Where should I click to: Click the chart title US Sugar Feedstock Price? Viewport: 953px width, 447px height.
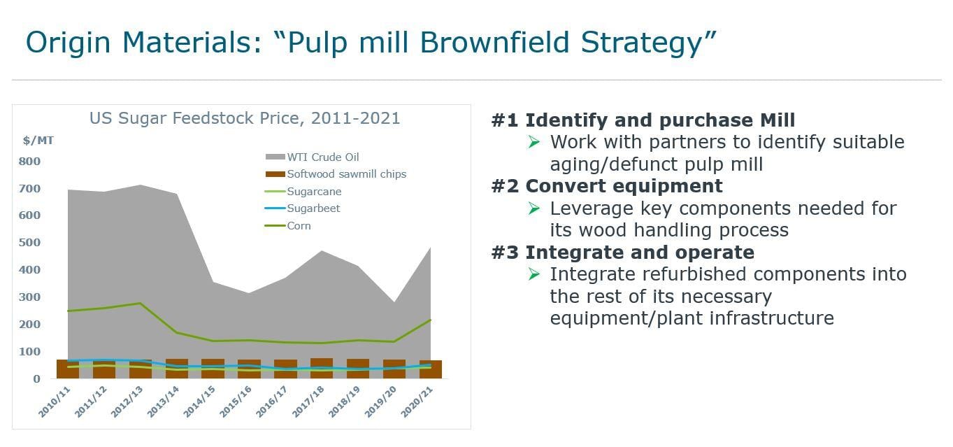[x=245, y=118]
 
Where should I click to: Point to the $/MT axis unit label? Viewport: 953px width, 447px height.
[x=38, y=141]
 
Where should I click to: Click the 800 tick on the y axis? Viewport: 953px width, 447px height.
[x=30, y=162]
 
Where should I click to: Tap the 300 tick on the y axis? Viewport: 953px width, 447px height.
[x=30, y=297]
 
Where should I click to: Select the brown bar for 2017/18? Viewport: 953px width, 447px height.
[x=322, y=369]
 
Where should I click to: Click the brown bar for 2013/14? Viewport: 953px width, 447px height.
[x=177, y=369]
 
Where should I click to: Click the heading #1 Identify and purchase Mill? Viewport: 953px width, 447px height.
[x=643, y=120]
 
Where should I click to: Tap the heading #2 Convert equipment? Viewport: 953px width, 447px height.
[x=606, y=186]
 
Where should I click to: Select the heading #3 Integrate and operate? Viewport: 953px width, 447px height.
[x=622, y=252]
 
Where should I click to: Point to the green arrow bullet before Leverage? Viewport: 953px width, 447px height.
[x=534, y=208]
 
